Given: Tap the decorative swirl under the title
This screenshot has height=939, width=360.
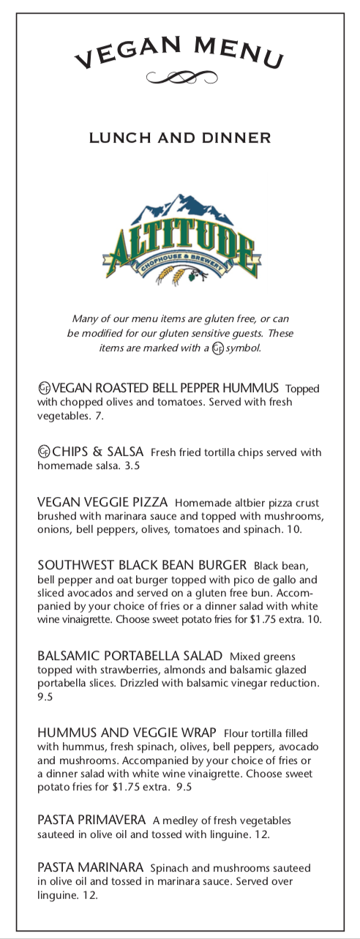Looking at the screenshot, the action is [181, 76].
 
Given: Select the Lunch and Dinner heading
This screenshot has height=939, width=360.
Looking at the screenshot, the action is [180, 138].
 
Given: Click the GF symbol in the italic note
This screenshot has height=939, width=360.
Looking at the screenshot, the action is [217, 348].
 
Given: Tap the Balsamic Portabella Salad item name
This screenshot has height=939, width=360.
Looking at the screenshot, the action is [130, 656].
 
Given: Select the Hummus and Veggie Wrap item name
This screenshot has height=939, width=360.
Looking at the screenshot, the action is [127, 733].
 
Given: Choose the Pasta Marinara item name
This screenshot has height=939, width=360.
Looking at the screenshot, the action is [90, 867].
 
